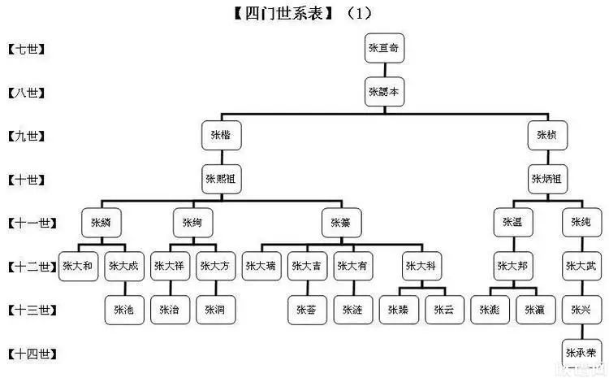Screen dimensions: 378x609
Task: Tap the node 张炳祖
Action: [x=546, y=178]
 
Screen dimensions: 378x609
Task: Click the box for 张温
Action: [x=512, y=222]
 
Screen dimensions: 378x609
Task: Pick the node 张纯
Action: [x=580, y=222]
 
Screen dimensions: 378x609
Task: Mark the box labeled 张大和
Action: [x=78, y=266]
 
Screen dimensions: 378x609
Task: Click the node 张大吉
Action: [x=306, y=266]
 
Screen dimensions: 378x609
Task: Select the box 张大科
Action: [x=421, y=266]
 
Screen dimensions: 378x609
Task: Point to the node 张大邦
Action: [x=512, y=266]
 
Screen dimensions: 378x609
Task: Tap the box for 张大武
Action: [x=580, y=266]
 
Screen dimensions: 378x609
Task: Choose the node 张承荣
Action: [x=580, y=354]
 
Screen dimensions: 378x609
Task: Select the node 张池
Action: [x=123, y=310]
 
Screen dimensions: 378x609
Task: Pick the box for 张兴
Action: [x=580, y=310]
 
